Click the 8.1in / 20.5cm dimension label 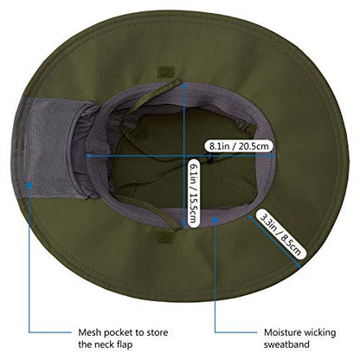[x=239, y=146]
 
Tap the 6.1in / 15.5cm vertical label [x=194, y=193]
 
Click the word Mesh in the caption [x=90, y=332]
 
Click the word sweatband [x=286, y=344]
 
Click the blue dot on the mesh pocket [x=29, y=185]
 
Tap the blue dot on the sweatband [x=215, y=220]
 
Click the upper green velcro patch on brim [x=166, y=72]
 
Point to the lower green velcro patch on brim [x=165, y=236]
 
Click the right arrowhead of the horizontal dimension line [x=272, y=156]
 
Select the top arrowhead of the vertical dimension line [x=183, y=85]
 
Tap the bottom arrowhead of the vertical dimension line [x=183, y=224]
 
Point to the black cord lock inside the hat [x=210, y=158]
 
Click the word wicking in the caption [x=320, y=333]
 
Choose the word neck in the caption [x=102, y=344]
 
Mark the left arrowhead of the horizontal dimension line [x=90, y=156]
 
